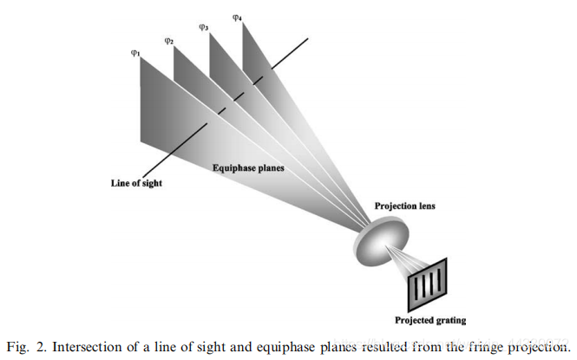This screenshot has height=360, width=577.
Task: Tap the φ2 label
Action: point(170,40)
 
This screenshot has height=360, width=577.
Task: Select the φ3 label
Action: point(204,27)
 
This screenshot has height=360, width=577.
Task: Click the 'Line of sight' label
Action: point(136,183)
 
